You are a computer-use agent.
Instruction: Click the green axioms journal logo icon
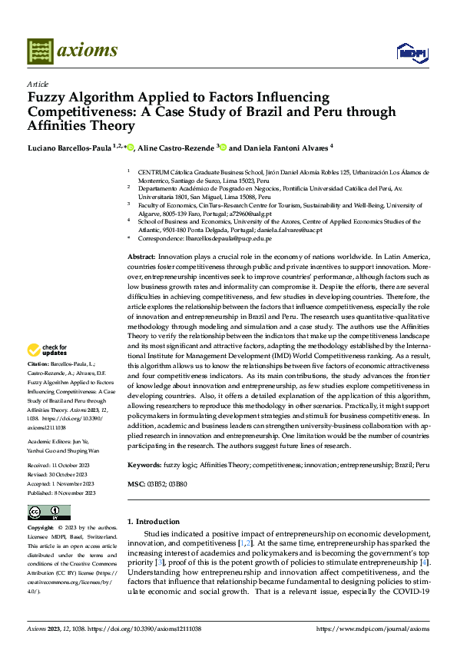pos(40,51)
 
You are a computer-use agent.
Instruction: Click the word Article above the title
pos(38,84)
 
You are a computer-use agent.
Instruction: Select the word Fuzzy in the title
pos(45,98)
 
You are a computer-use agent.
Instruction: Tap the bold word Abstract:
pos(141,256)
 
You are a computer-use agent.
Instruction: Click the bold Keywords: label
pos(144,465)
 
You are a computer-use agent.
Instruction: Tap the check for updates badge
pos(47,350)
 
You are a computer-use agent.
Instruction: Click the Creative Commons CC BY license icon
pos(48,513)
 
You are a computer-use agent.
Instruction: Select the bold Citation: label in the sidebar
pos(38,363)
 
